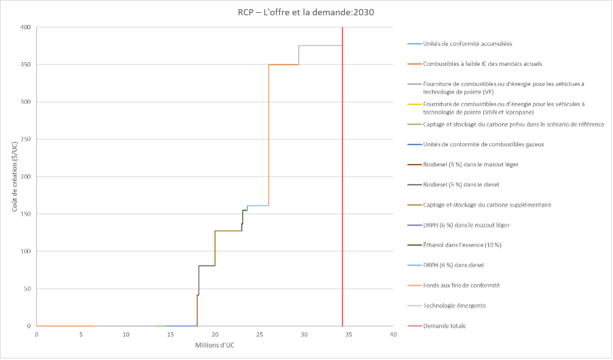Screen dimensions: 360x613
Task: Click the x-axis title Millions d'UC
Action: click(215, 344)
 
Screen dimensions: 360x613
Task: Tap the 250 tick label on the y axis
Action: click(25, 139)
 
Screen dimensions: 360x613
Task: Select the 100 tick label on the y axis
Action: click(25, 251)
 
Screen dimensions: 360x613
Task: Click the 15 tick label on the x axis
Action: click(170, 334)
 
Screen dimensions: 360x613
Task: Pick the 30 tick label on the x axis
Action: click(304, 334)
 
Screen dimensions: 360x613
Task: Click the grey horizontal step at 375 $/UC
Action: click(320, 46)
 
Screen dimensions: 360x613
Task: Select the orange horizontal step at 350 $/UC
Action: click(283, 65)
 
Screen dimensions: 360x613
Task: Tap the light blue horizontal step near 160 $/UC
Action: click(258, 206)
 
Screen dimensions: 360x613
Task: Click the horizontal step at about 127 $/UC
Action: click(229, 231)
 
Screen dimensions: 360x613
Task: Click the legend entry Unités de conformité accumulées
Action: click(467, 44)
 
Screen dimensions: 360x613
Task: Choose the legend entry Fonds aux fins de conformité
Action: click(461, 285)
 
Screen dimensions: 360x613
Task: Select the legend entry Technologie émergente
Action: click(455, 305)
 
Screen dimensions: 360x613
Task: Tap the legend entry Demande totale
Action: click(444, 325)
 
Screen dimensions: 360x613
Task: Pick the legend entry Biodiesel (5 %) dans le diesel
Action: click(461, 185)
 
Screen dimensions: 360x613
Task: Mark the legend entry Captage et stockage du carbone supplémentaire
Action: click(487, 205)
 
